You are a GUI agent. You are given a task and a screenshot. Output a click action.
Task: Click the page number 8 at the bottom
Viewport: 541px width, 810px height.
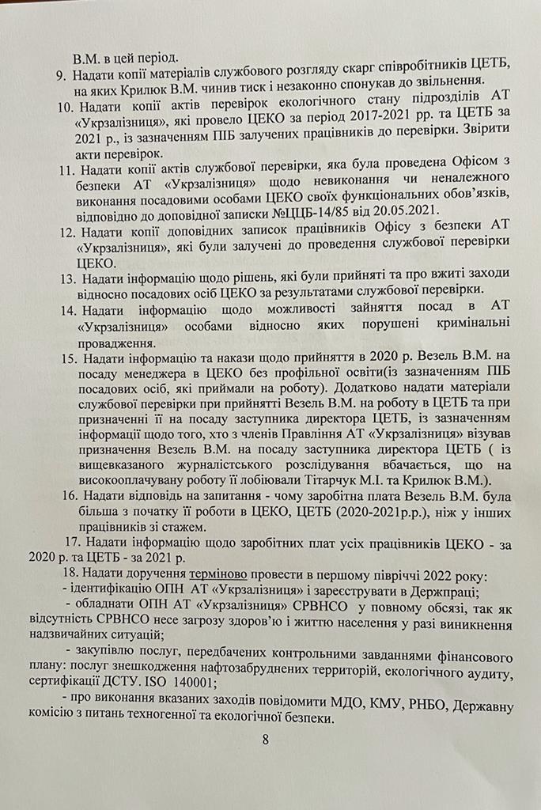266,740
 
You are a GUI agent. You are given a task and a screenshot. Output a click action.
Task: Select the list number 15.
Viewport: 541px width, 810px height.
67,359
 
